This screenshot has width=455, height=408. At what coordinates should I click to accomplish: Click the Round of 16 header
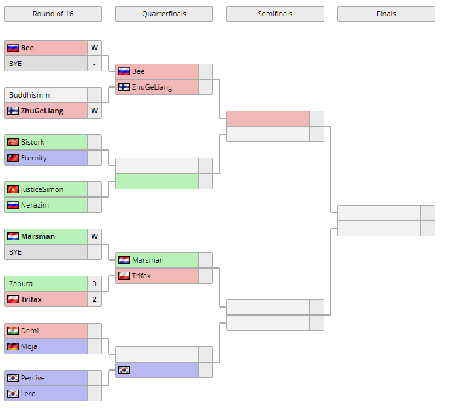(52, 14)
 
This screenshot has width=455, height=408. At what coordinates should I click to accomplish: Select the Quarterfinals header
(163, 14)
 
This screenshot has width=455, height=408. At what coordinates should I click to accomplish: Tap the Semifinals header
(275, 14)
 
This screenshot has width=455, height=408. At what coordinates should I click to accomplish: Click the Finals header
(386, 14)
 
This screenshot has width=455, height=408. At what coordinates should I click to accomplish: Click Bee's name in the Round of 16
(27, 48)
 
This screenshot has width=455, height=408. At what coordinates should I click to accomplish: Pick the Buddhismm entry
(29, 95)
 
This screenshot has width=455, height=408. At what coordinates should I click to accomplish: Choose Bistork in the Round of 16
(33, 142)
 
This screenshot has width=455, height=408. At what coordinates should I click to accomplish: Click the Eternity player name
(34, 158)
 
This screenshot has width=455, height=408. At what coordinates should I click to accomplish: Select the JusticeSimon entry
(42, 189)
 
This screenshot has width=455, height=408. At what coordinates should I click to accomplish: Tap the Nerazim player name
(35, 205)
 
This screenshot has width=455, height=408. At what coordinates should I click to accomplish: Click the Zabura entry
(21, 284)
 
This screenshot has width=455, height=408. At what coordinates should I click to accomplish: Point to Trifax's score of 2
(94, 299)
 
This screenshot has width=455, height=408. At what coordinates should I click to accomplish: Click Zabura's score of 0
(94, 284)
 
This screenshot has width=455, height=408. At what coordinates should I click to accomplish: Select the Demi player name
(29, 331)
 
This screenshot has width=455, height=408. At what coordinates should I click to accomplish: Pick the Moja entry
(29, 346)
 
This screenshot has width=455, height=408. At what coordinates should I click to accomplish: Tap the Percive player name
(33, 378)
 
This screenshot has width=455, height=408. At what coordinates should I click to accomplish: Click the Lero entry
(28, 394)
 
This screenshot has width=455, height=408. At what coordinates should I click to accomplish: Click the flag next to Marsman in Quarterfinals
(124, 260)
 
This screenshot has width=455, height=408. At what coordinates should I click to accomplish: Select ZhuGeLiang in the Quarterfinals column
(152, 87)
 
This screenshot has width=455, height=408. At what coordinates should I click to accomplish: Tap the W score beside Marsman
(94, 236)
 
